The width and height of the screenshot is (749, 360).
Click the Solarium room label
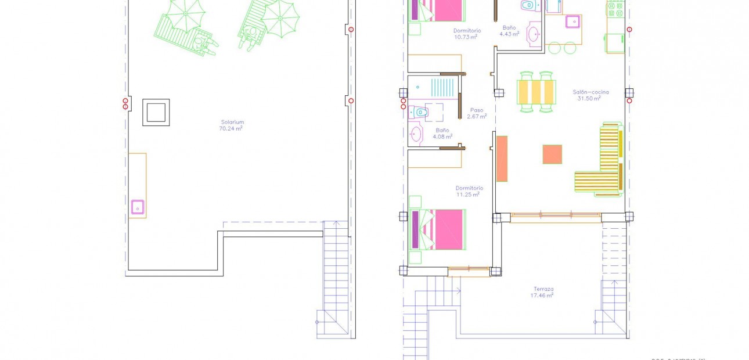click(x=232, y=122)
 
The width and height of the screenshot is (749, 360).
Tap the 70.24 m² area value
click(x=231, y=128)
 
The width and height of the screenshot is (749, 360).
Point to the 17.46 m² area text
click(x=542, y=296)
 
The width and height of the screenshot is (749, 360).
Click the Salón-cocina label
click(x=589, y=92)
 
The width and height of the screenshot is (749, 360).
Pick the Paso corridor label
click(x=476, y=110)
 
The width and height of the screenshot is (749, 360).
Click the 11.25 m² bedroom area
click(x=468, y=195)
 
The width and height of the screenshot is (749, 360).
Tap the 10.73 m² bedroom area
click(x=466, y=37)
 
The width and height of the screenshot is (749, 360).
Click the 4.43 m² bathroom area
click(x=509, y=34)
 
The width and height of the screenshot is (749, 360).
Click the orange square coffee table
click(x=552, y=154)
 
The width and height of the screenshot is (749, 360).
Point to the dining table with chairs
click(x=536, y=92)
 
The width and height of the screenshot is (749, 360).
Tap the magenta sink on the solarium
click(x=138, y=207)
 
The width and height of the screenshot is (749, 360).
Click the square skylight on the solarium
click(x=156, y=112)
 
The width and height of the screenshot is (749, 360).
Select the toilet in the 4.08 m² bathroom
click(x=419, y=112)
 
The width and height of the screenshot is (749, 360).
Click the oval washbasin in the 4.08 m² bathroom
click(x=416, y=134)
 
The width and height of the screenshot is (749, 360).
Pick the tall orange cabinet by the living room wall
click(x=502, y=159)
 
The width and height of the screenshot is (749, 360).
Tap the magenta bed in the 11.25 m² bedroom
click(x=441, y=230)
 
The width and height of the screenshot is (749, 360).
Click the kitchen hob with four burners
click(x=615, y=9)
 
